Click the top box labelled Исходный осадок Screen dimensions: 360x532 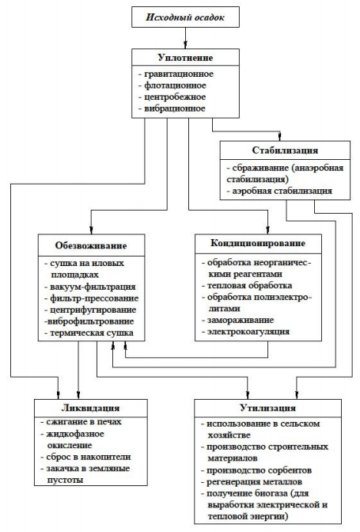point(185,17)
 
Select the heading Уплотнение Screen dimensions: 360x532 point(185,58)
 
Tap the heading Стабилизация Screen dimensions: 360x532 point(285,150)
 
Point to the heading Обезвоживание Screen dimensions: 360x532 point(91,245)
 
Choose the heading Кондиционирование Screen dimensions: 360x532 point(258,243)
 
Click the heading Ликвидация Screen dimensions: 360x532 point(90,408)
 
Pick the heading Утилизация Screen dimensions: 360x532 point(267,408)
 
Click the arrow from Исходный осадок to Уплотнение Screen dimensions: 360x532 point(185,38)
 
